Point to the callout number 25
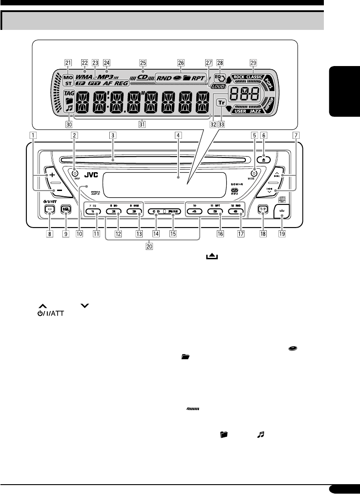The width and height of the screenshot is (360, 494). (x=142, y=62)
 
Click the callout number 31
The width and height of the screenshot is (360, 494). (x=141, y=125)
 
